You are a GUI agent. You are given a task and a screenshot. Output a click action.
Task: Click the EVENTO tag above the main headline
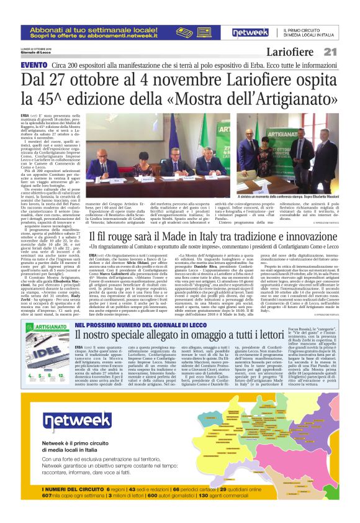coord(34,65)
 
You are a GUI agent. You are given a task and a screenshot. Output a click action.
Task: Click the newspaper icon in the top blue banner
coord(207,30)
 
